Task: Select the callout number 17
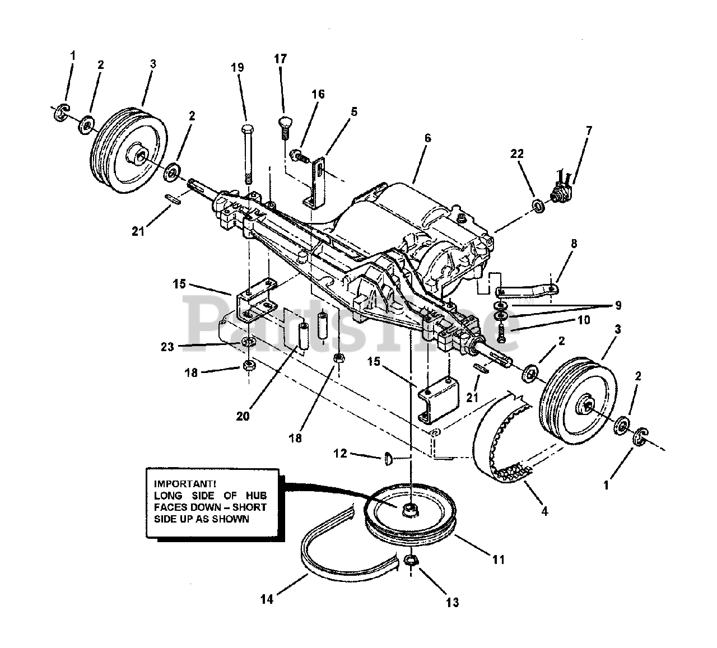(280, 58)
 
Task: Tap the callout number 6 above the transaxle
(428, 136)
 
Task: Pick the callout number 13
(452, 603)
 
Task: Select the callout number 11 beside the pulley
(498, 560)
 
